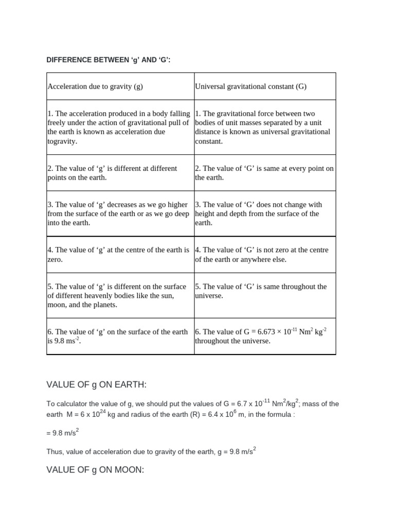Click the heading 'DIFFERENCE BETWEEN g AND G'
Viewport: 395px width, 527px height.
108,60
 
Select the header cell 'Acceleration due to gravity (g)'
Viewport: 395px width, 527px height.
95,86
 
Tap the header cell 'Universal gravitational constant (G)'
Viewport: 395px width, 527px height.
250,86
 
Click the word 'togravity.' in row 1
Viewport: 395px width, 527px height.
62,141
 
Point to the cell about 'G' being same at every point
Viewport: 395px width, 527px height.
264,173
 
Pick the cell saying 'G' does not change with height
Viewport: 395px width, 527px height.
264,214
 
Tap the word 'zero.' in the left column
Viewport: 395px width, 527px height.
55,259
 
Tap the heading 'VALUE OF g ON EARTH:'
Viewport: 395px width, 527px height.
97,384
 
